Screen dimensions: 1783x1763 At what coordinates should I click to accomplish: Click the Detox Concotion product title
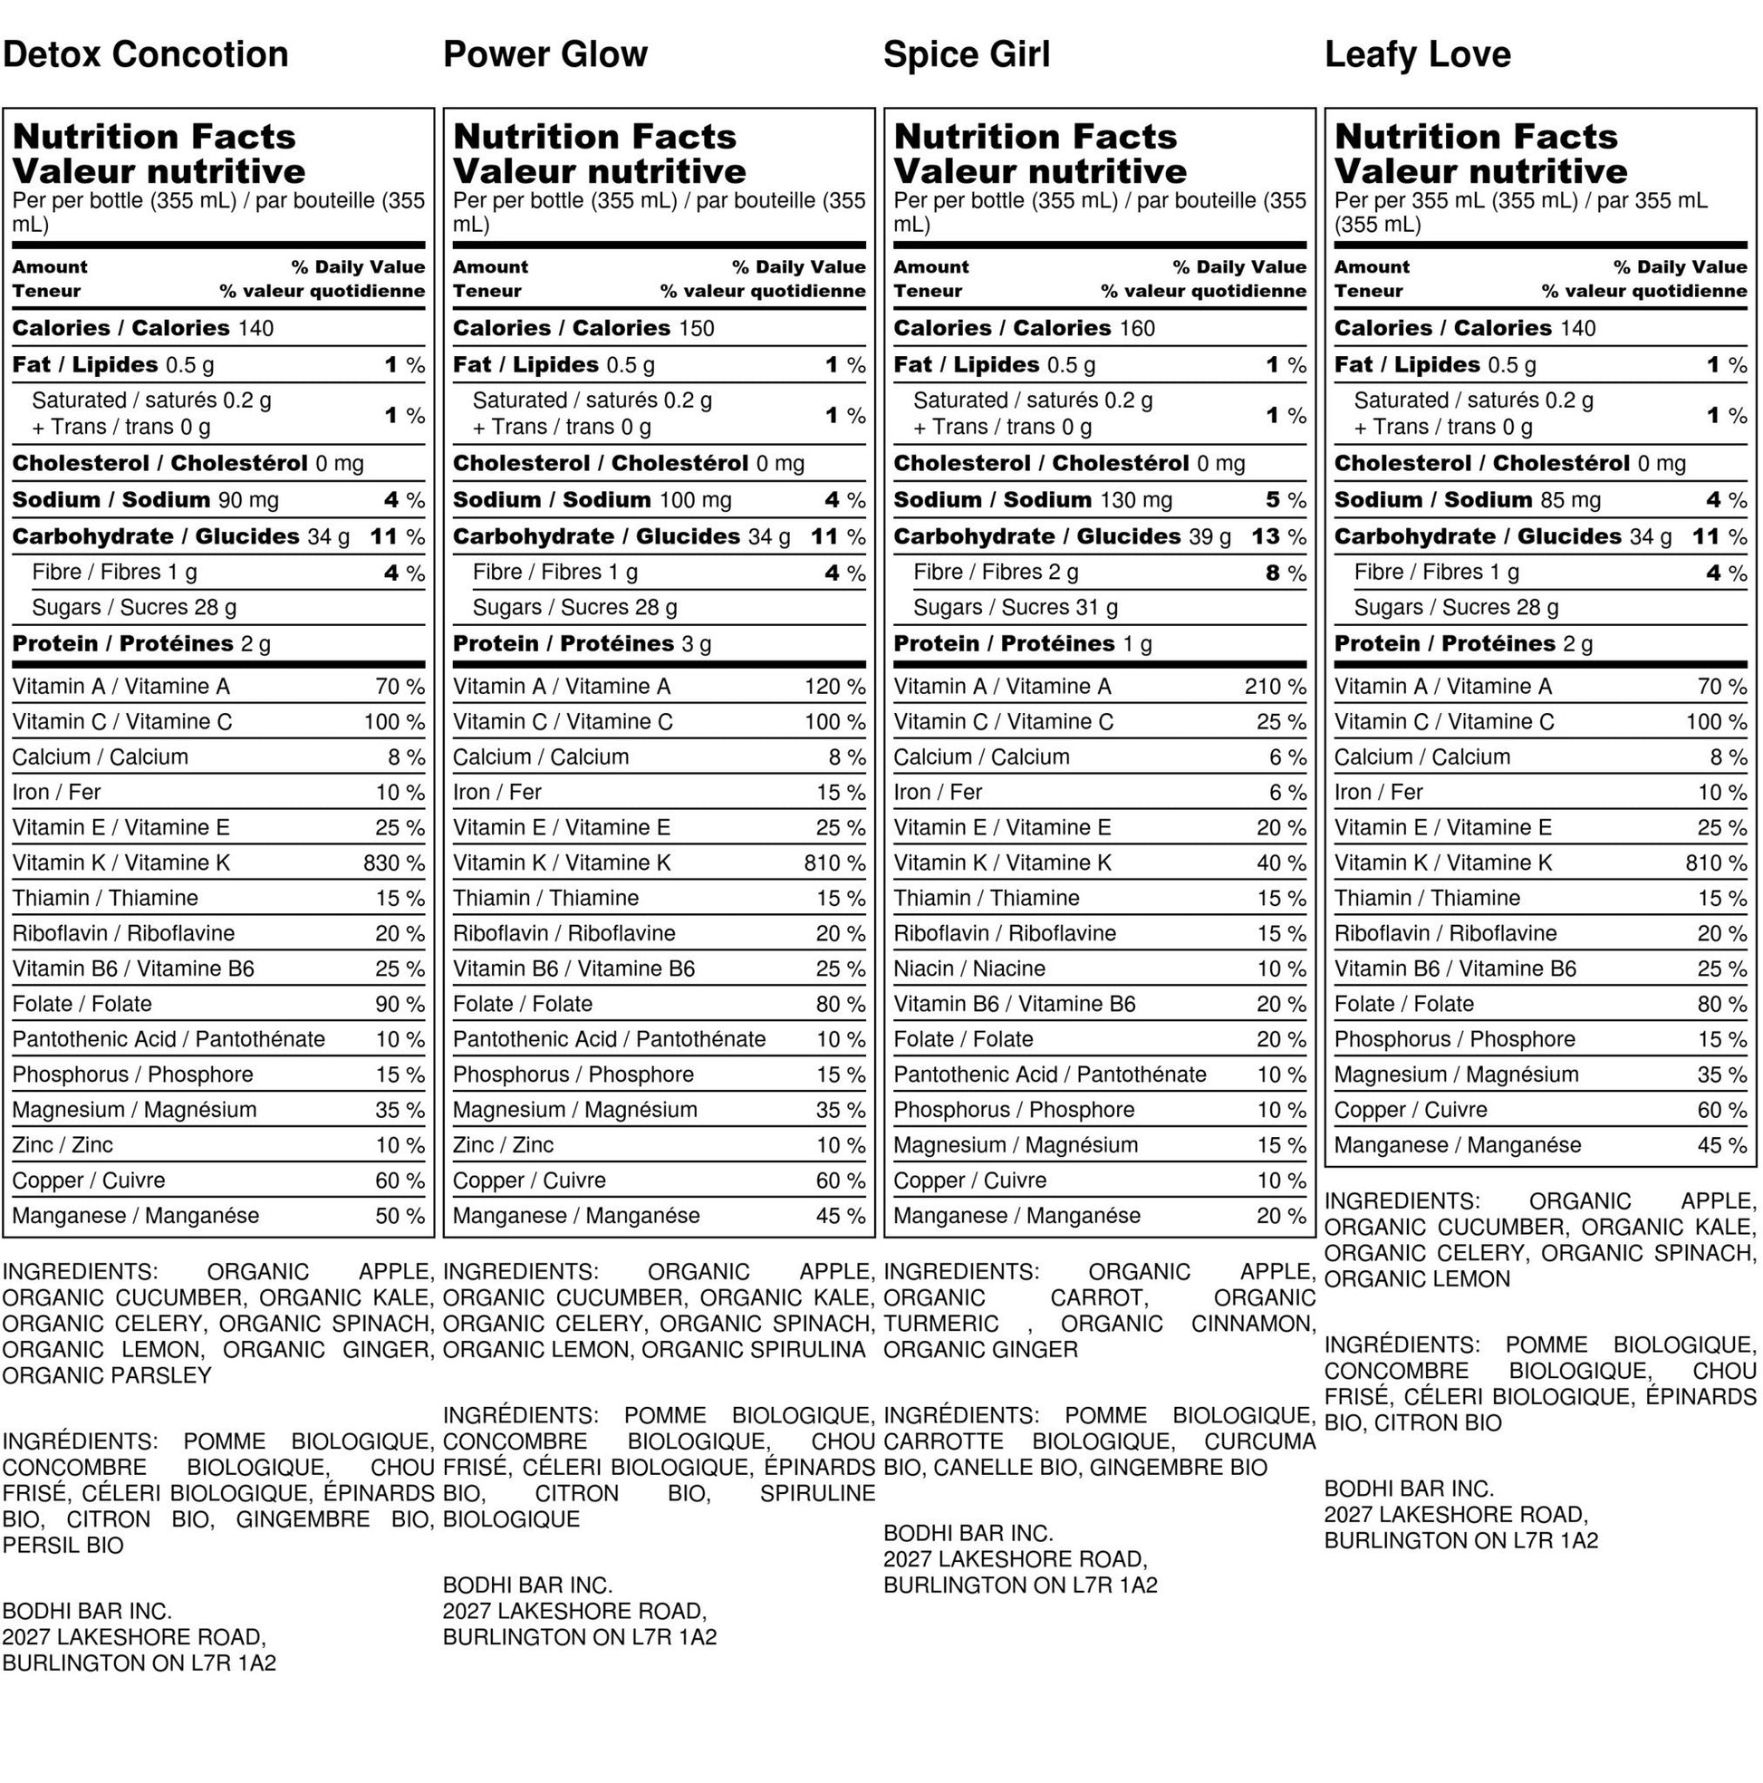[x=145, y=54]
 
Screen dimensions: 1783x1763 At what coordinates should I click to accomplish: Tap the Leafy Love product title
[x=1417, y=54]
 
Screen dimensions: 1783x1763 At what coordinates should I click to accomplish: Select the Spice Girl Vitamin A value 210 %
[x=1275, y=687]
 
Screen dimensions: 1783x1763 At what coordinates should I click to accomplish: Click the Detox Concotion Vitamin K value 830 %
[x=394, y=863]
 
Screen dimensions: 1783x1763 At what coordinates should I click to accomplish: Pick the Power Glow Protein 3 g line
[x=582, y=644]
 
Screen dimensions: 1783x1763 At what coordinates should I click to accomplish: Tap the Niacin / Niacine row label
[x=968, y=969]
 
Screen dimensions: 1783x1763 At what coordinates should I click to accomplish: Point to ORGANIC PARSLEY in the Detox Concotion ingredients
[x=107, y=1376]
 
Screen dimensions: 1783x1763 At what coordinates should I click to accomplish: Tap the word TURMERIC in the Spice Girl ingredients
[x=940, y=1325]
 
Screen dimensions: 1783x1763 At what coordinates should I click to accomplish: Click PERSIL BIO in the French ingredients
[x=63, y=1546]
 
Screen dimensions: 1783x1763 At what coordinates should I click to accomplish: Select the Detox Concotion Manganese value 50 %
[x=400, y=1217]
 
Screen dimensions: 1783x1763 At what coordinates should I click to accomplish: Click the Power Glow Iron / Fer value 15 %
[x=840, y=793]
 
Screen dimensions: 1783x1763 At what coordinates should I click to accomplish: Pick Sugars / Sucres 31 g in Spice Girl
[x=1015, y=608]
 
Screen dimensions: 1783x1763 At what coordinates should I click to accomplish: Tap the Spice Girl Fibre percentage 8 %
[x=1285, y=573]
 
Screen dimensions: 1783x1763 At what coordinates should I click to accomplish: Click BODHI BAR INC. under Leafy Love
[x=1409, y=1489]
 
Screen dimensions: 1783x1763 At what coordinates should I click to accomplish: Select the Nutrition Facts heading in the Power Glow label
[x=594, y=137]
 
